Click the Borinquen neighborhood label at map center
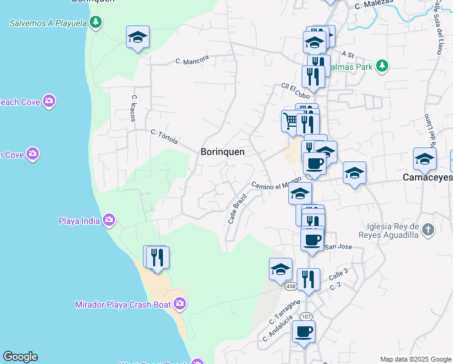click(222, 152)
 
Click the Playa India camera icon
click(109, 220)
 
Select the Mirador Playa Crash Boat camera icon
click(179, 303)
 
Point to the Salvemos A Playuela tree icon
click(95, 23)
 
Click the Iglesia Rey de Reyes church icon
click(429, 229)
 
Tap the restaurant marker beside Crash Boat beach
click(157, 257)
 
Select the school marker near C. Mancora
click(137, 38)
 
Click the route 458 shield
click(290, 286)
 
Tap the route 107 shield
click(306, 316)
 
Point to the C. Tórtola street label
click(164, 136)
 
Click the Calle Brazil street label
click(237, 209)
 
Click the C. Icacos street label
click(134, 108)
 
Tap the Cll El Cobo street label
click(295, 91)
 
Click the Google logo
click(20, 357)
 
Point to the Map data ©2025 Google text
click(415, 359)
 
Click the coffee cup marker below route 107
click(303, 332)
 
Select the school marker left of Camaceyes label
click(354, 174)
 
